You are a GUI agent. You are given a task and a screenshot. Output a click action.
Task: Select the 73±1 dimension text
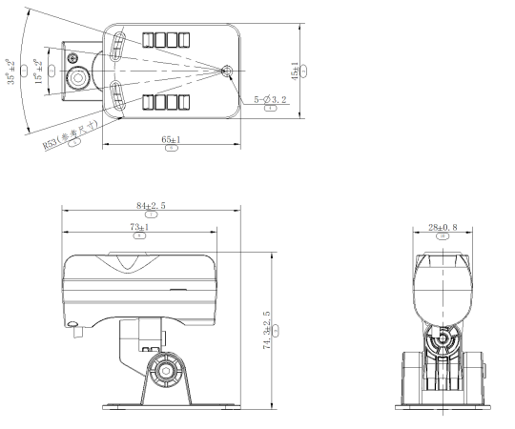139,227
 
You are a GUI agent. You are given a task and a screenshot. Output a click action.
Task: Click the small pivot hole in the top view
226,71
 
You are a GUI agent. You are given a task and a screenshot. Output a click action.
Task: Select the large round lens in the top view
77,79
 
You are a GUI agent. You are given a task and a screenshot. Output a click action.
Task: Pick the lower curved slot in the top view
115,96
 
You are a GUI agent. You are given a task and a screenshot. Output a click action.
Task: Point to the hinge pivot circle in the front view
441,339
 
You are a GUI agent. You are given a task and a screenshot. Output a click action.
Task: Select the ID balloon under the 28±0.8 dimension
442,235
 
